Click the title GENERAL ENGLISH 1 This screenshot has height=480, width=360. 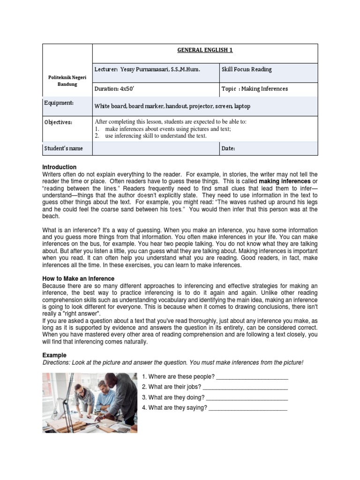coord(205,51)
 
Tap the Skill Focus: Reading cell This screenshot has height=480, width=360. coord(248,69)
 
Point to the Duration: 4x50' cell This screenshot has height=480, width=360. coord(114,89)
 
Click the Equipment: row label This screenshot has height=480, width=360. coord(59,103)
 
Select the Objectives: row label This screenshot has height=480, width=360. coord(58,122)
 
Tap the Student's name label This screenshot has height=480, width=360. coord(63,148)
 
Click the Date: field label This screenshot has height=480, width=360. coord(228,148)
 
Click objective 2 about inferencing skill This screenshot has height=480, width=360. coord(155,136)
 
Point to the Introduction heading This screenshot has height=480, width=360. coord(60,167)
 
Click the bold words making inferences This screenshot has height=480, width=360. coord(285,181)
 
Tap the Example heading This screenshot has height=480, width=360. coord(54,355)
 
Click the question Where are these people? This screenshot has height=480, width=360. coord(178,377)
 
